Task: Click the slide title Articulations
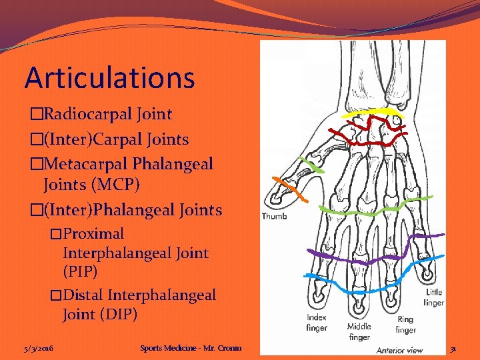tap(110, 77)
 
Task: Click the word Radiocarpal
tap(86, 114)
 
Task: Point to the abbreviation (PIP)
tap(80, 272)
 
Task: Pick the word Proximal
tap(93, 234)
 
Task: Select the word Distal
tap(83, 295)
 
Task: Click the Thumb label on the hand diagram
tap(274, 216)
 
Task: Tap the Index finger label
tap(317, 323)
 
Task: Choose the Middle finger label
tap(359, 331)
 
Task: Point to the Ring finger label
tap(405, 325)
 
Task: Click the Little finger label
tap(434, 297)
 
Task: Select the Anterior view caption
tap(399, 350)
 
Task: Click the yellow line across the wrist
tap(373, 111)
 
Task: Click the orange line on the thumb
tap(291, 191)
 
